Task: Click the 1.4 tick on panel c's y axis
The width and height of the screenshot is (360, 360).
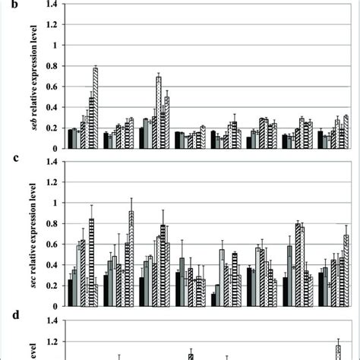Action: (x=51, y=161)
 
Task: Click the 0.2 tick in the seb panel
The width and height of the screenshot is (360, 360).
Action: (x=51, y=128)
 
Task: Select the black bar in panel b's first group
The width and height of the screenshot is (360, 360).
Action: (x=70, y=139)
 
